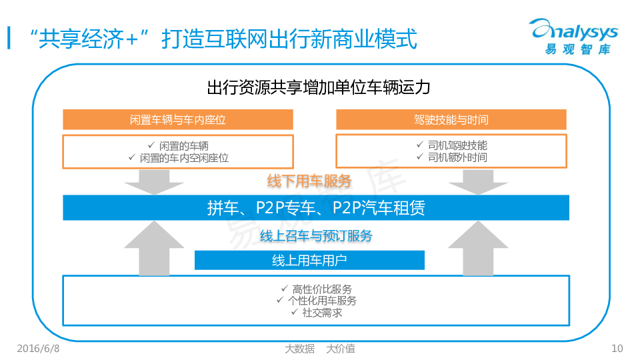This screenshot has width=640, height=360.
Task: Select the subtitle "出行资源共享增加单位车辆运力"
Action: click(319, 88)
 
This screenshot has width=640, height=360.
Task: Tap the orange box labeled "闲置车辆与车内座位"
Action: click(178, 120)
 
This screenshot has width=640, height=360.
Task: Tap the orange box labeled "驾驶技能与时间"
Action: click(451, 120)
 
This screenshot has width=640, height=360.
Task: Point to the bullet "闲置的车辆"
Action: click(178, 145)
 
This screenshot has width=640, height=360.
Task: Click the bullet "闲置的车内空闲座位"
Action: click(178, 158)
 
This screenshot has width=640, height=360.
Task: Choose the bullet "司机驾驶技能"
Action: click(451, 145)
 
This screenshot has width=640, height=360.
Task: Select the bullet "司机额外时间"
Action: click(451, 157)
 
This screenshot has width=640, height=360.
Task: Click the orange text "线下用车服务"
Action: click(309, 181)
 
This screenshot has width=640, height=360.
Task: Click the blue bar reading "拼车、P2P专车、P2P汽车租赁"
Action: click(316, 208)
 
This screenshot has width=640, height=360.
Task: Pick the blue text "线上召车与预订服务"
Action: click(316, 235)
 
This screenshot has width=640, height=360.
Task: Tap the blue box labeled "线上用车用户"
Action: click(309, 261)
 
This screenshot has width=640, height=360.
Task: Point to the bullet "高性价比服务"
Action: click(316, 289)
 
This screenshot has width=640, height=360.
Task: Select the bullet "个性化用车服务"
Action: click(316, 301)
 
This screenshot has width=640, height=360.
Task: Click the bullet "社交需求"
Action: click(316, 312)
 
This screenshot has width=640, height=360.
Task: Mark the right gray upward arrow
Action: click(478, 247)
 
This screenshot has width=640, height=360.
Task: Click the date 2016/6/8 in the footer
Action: click(37, 348)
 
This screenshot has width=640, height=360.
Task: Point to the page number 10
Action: click(617, 348)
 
